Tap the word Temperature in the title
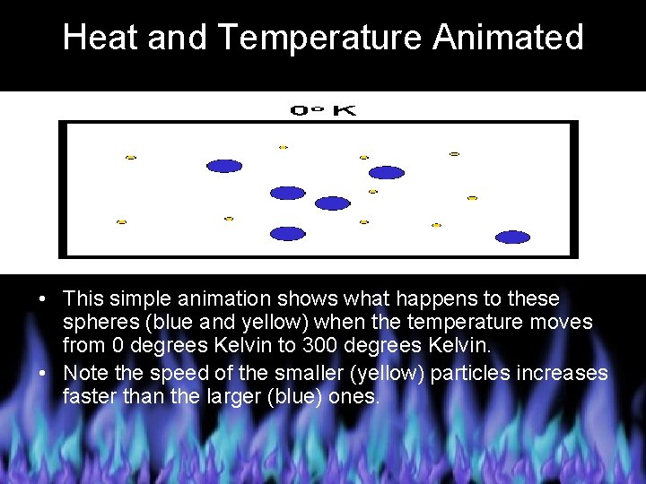coord(319,38)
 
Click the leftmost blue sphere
coord(224,166)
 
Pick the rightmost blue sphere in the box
coord(513,238)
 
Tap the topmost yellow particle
coord(284,147)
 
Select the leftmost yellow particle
coord(122,221)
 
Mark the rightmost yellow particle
coord(472,198)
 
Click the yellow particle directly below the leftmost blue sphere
coord(229,219)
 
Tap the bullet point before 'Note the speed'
coord(43,373)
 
